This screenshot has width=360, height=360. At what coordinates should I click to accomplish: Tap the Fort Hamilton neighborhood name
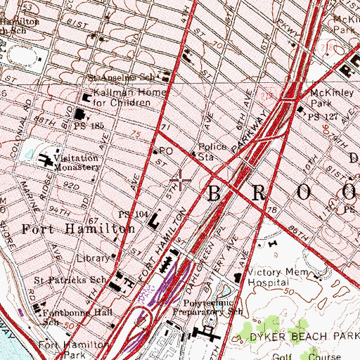click(77, 229)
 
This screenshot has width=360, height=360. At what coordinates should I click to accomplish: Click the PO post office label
click(167, 150)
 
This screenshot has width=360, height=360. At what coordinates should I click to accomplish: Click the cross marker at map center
click(181, 181)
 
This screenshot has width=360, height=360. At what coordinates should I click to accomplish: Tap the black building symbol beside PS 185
click(80, 113)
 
